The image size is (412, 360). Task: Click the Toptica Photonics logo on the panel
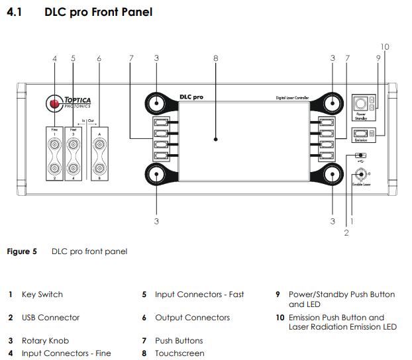pyautogui.click(x=70, y=103)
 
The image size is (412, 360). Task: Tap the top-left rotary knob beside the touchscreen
pyautogui.click(x=156, y=103)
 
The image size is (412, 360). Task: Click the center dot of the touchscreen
pyautogui.click(x=216, y=140)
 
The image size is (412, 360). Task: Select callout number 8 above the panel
pyautogui.click(x=216, y=59)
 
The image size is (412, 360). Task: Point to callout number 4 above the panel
pyautogui.click(x=54, y=59)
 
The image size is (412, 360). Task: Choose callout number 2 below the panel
pyautogui.click(x=346, y=232)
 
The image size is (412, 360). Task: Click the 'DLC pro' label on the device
pyautogui.click(x=191, y=97)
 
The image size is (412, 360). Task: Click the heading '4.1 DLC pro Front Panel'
pyautogui.click(x=79, y=12)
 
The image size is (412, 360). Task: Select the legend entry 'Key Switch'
pyautogui.click(x=42, y=294)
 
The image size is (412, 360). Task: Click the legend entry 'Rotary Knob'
pyautogui.click(x=44, y=341)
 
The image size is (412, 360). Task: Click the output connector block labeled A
pyautogui.click(x=100, y=154)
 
